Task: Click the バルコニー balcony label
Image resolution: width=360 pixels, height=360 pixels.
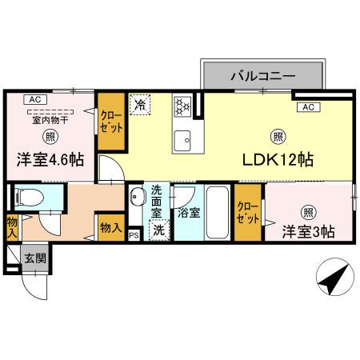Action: [263, 78]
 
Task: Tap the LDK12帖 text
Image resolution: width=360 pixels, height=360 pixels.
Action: [278, 159]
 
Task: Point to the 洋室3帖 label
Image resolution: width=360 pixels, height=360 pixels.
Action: [308, 231]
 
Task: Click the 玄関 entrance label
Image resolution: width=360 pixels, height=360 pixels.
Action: [34, 258]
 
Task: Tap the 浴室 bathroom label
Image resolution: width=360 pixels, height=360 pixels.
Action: [189, 214]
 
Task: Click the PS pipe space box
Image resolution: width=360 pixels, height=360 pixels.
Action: [134, 234]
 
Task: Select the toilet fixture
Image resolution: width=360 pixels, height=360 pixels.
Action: [29, 198]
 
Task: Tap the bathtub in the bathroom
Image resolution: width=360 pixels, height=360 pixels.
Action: [217, 210]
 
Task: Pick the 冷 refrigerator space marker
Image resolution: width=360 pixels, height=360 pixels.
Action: [140, 105]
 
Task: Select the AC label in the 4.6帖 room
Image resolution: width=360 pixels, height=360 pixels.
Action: [33, 99]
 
